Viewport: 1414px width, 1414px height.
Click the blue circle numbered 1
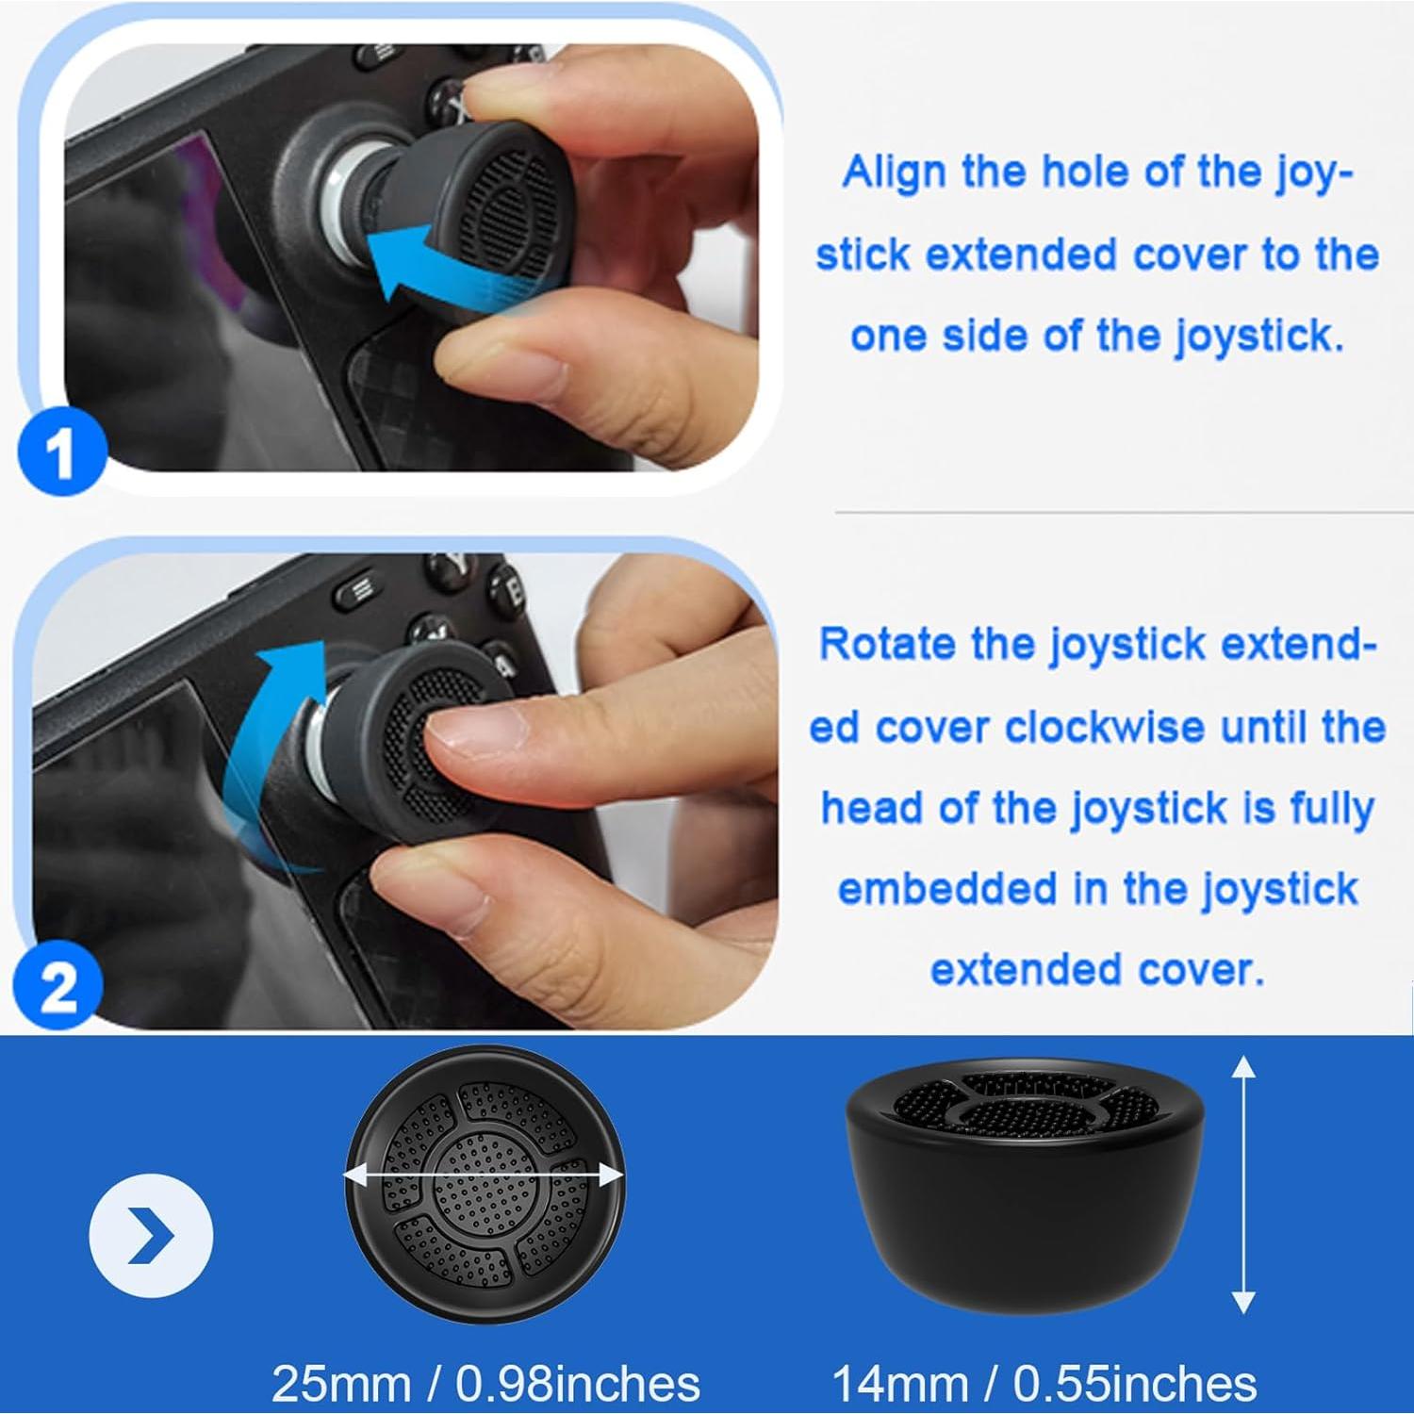point(61,453)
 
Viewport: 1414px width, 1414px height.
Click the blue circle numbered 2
point(58,987)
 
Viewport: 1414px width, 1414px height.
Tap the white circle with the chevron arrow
point(151,1235)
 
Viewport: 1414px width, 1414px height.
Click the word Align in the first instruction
point(894,173)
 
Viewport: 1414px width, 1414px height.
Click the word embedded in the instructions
point(947,889)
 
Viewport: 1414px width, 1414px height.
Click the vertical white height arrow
point(1243,1184)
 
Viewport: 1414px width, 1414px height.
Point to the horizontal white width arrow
point(483,1176)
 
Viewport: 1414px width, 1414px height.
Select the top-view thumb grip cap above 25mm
point(484,1183)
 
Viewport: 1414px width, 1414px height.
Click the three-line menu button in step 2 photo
point(360,591)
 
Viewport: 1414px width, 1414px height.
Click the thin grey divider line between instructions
point(1122,513)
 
